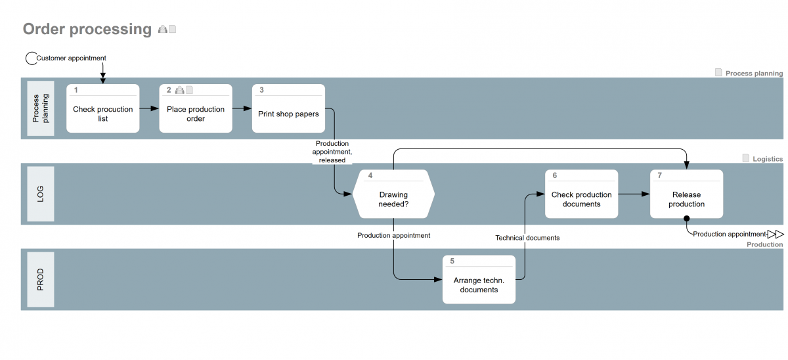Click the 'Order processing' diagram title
pyautogui.click(x=87, y=30)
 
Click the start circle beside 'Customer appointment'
pyautogui.click(x=31, y=58)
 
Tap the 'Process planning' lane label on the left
pyautogui.click(x=40, y=108)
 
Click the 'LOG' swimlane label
pyautogui.click(x=40, y=194)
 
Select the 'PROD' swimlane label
pyautogui.click(x=40, y=279)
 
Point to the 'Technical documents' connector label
pyautogui.click(x=527, y=238)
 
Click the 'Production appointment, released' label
pyautogui.click(x=332, y=152)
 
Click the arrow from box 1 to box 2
pyautogui.click(x=150, y=108)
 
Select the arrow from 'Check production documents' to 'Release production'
pyautogui.click(x=634, y=194)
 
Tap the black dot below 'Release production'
pyautogui.click(x=686, y=219)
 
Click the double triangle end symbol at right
pyautogui.click(x=776, y=234)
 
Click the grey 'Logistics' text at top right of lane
pyautogui.click(x=768, y=159)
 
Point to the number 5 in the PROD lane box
pyautogui.click(x=452, y=261)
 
